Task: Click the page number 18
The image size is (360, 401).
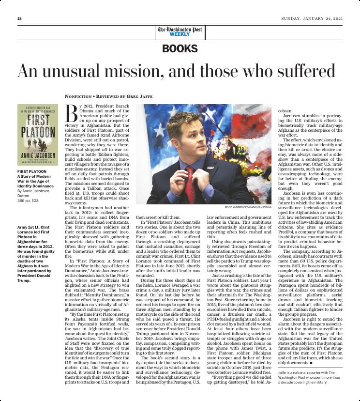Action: pyautogui.click(x=19, y=18)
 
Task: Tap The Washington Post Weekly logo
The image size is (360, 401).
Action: pyautogui.click(x=180, y=31)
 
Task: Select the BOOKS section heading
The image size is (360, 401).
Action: pyautogui.click(x=180, y=49)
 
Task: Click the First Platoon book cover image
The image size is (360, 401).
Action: pyautogui.click(x=38, y=135)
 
